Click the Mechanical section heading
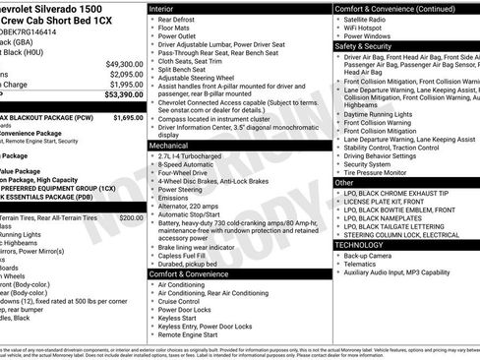tap(174, 145)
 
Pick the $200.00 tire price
tap(131, 217)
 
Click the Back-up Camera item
tap(371, 255)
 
